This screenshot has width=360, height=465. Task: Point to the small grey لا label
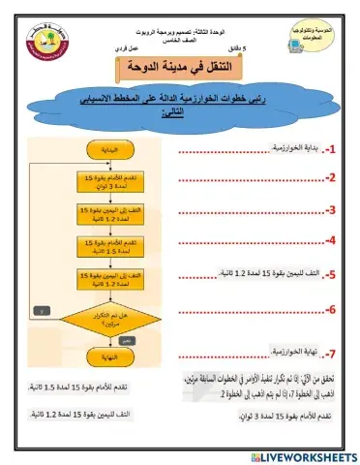point(36,310)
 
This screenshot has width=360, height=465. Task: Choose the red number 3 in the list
point(330,209)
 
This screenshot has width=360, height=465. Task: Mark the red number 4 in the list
point(330,239)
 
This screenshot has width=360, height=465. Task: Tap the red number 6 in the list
point(330,310)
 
